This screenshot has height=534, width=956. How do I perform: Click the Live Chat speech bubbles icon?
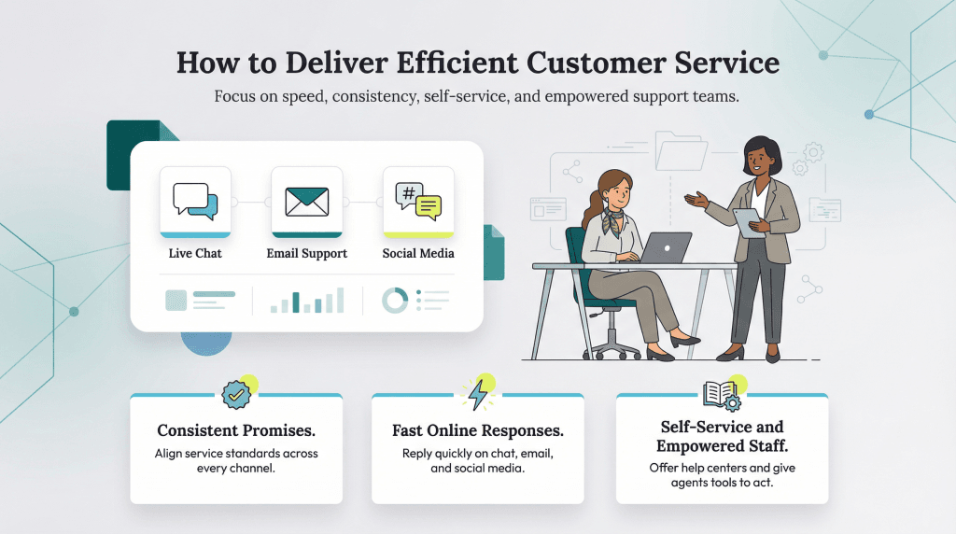point(195,200)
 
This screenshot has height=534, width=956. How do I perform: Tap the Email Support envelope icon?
point(307,200)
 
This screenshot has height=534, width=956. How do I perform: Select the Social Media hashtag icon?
point(418,200)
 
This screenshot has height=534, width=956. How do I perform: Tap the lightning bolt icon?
point(478,395)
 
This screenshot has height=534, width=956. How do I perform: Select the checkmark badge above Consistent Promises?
point(236,395)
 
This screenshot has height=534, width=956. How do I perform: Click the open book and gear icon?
point(720,395)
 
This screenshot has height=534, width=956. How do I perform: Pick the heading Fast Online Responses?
point(477,431)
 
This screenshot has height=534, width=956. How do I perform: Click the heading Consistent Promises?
point(235,431)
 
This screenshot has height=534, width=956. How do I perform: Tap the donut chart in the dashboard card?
point(395,300)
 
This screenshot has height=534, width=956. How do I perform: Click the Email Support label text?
point(307,253)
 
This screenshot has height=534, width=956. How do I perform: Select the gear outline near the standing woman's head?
point(813,151)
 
